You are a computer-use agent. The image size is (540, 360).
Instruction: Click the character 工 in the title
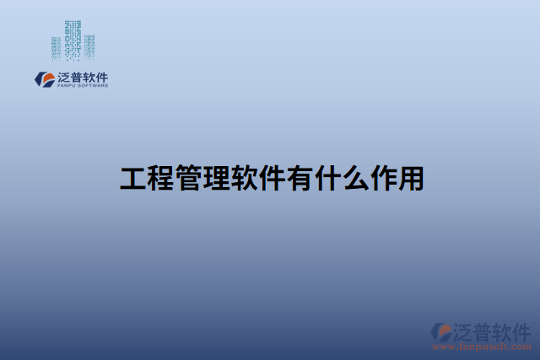tap(133, 179)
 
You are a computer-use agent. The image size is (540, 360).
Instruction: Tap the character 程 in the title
tap(160, 179)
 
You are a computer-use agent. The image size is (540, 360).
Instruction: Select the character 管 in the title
tap(188, 179)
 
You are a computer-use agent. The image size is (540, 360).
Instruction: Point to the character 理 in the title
tap(216, 179)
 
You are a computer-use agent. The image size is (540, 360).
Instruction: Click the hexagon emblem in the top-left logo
tap(43, 79)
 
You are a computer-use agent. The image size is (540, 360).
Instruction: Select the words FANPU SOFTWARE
tap(83, 85)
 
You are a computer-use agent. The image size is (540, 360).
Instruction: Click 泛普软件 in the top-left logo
tap(83, 77)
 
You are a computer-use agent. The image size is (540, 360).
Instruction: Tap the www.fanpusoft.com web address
tap(481, 346)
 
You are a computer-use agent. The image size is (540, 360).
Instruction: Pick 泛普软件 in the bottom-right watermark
tap(493, 330)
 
